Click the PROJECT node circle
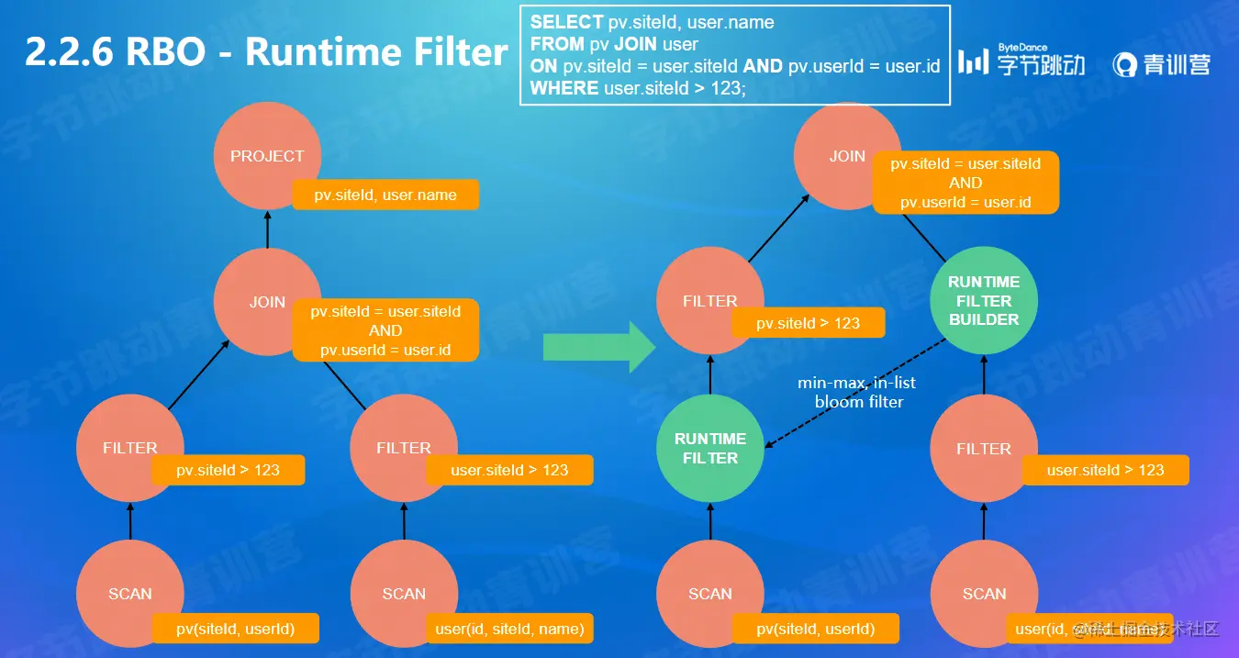click(266, 154)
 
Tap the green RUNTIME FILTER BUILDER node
click(984, 301)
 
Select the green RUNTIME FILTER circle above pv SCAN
click(710, 448)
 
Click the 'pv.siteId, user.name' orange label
click(385, 195)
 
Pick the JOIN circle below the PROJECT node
click(266, 301)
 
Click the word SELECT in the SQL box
click(566, 22)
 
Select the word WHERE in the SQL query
click(564, 89)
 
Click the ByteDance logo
click(1021, 61)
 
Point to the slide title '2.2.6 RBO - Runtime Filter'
click(266, 52)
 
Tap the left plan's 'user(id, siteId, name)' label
click(509, 629)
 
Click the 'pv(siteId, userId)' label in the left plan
click(236, 629)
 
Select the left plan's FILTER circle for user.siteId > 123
click(404, 448)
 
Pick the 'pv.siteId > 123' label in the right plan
click(809, 323)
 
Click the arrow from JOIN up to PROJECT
click(267, 229)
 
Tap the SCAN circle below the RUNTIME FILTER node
click(710, 594)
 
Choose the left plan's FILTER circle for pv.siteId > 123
click(130, 448)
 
